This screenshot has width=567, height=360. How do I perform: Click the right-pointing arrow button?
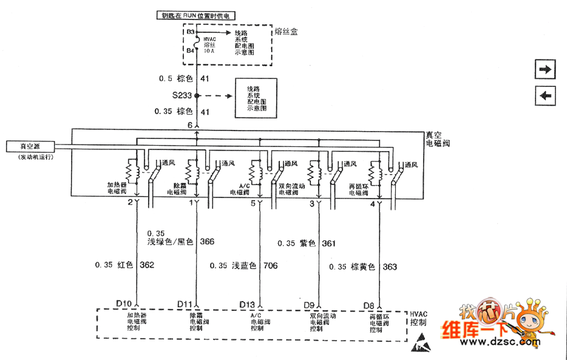coord(545,70)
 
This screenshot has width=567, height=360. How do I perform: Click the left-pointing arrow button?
coord(545,95)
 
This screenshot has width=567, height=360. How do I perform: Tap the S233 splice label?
coord(182,95)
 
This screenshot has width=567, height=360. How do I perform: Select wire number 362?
coord(147,265)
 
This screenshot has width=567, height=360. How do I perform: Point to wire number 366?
coord(207,241)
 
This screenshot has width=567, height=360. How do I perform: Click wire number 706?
coord(270,265)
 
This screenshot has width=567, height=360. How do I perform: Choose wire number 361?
coord(328,243)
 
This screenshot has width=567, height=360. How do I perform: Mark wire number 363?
coord(390,267)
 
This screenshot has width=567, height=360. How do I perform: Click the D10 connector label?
coord(124,304)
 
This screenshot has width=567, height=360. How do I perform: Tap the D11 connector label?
coord(185,304)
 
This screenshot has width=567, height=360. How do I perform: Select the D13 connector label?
coord(247,304)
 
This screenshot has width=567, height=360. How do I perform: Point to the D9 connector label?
coord(309,304)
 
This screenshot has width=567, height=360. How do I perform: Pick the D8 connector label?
coord(368,304)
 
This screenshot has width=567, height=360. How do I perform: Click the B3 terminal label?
coord(190,32)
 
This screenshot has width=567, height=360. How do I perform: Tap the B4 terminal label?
coord(190,51)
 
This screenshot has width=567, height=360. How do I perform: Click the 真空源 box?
coord(29,146)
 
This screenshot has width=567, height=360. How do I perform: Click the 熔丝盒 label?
coord(286,32)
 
